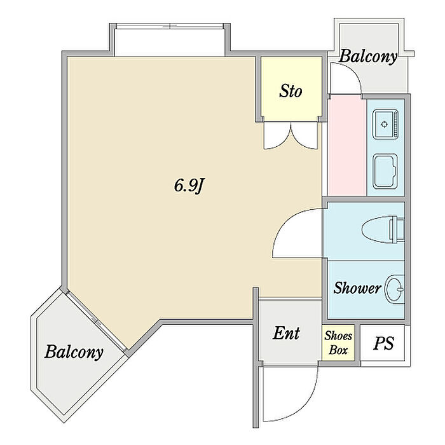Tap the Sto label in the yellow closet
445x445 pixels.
291,91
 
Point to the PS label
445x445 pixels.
383,344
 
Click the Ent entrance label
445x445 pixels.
287,332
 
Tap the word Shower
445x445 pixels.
357,288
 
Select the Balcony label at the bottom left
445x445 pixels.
73,352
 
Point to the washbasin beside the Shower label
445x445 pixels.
395,290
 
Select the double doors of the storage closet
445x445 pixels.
291,135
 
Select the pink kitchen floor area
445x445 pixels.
346,146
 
